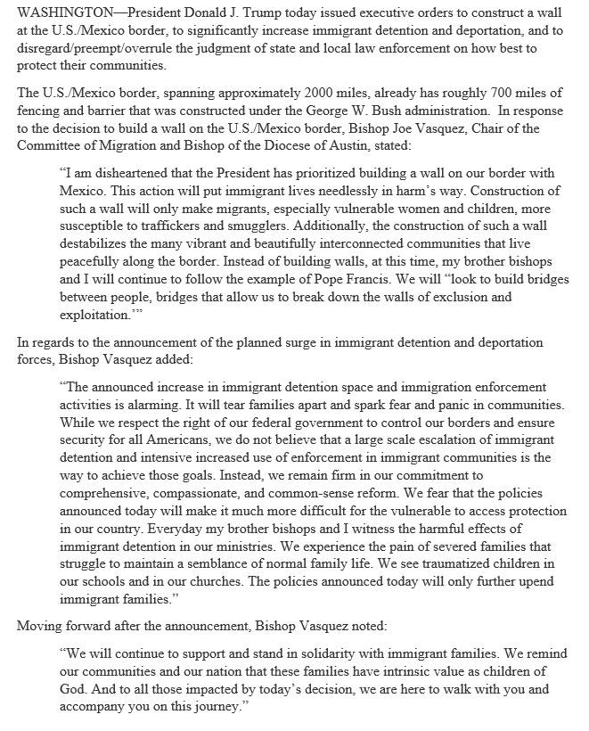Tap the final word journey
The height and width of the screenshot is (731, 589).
pyautogui.click(x=211, y=707)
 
